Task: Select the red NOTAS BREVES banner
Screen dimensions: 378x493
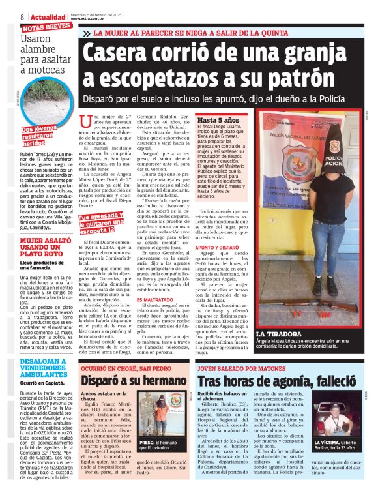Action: (46, 27)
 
